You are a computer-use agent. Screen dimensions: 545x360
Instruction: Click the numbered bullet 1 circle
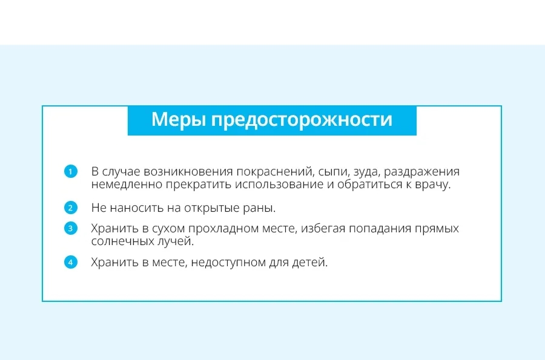71,171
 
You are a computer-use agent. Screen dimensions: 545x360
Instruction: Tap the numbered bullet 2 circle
71,208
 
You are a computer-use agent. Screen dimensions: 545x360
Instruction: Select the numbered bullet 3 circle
71,228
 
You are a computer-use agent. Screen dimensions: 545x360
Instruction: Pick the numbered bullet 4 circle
71,262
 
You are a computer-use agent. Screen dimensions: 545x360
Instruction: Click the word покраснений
274,171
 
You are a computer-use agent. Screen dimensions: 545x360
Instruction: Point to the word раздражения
421,172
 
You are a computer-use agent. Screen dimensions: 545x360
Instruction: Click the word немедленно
126,185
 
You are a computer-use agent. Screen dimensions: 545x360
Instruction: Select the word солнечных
122,241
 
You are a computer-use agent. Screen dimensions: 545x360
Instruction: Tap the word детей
310,263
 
